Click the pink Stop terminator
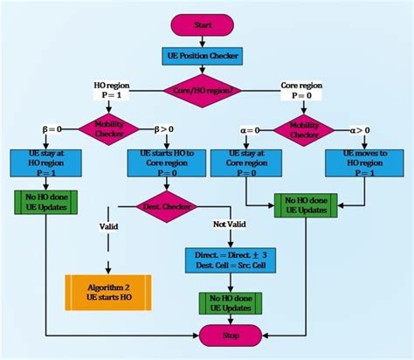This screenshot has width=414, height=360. click(x=231, y=336)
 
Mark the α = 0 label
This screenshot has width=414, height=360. click(x=251, y=130)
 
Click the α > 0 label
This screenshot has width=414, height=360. click(x=360, y=130)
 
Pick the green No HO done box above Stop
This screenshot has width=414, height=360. click(x=231, y=301)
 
